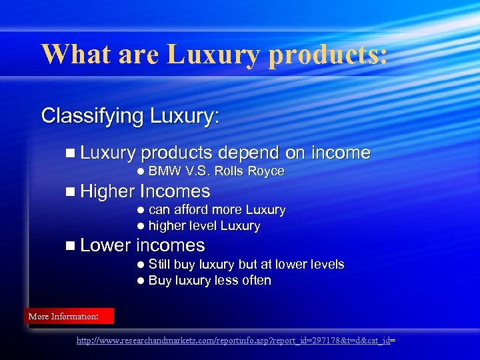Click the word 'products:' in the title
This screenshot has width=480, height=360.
[327, 54]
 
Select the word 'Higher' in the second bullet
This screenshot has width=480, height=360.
[107, 192]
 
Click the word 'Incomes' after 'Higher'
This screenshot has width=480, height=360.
[175, 192]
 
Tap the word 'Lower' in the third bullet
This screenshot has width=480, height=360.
[105, 245]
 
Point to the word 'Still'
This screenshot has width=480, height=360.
[160, 265]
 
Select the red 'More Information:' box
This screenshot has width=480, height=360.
[69, 316]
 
